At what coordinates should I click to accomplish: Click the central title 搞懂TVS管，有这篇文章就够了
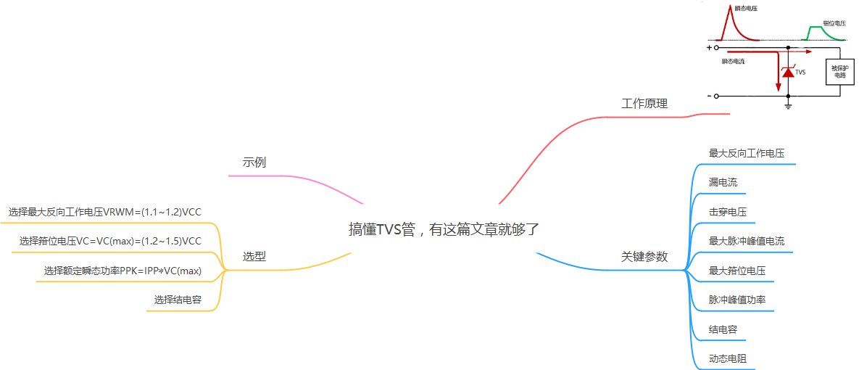(444, 229)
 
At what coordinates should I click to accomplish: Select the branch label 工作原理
(644, 104)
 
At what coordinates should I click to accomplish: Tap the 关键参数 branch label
(644, 257)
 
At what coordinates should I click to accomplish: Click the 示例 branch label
(254, 162)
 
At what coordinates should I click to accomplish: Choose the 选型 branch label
(254, 256)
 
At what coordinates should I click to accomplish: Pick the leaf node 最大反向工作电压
(746, 154)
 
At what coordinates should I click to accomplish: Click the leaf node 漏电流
(723, 183)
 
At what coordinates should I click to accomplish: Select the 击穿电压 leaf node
(728, 212)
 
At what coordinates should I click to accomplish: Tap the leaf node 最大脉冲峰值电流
(746, 241)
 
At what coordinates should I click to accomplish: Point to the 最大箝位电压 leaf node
(737, 271)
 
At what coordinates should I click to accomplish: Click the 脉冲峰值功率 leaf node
(737, 300)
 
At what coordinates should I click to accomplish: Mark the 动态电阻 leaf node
(728, 358)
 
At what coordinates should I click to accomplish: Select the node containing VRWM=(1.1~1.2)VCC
(105, 212)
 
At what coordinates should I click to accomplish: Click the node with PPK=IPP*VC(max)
(123, 271)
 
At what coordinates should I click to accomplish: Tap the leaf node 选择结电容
(178, 300)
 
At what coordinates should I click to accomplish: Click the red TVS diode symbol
(788, 72)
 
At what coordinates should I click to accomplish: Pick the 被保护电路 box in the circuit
(839, 72)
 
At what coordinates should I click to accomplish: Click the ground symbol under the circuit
(788, 105)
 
